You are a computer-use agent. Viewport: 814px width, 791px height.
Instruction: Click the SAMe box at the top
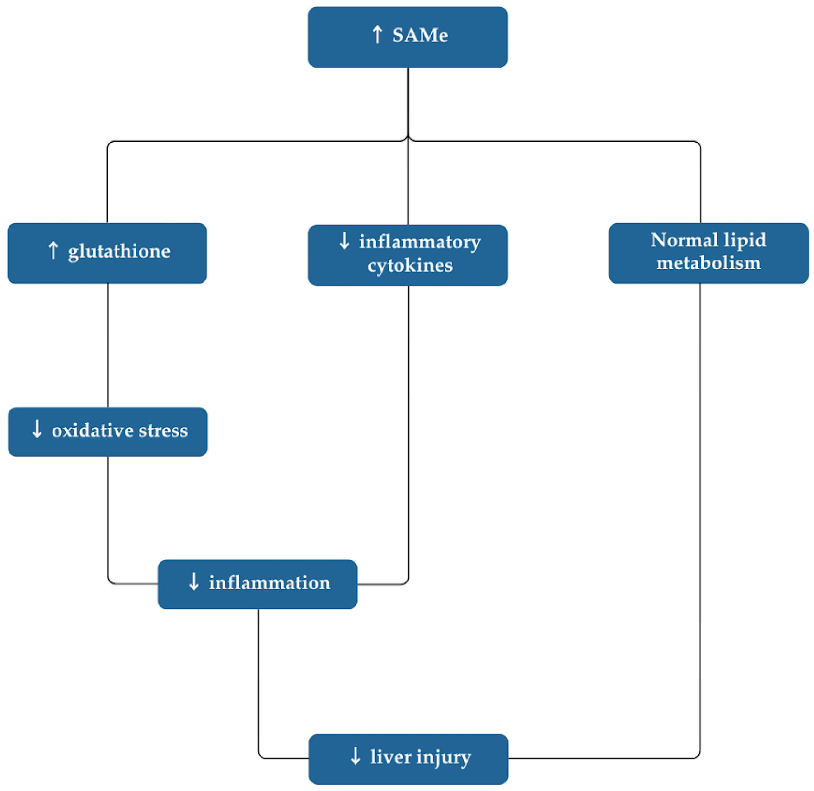[x=407, y=37]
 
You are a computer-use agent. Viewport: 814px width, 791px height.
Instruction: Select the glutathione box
[x=107, y=253]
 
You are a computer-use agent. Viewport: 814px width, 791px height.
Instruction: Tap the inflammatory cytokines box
[x=407, y=255]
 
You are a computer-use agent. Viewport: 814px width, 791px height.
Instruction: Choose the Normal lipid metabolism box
[x=708, y=253]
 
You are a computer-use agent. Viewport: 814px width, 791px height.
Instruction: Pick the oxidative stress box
[x=107, y=432]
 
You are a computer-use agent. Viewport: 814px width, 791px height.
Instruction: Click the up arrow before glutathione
[x=53, y=251]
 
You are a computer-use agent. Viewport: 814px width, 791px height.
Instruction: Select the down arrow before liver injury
[x=355, y=756]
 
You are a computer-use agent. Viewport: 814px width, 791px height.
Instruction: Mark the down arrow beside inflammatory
[x=344, y=241]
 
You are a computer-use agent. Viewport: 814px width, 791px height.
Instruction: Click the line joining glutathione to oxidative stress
[x=108, y=345]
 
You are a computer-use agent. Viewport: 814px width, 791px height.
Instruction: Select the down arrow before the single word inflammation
[x=194, y=582]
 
